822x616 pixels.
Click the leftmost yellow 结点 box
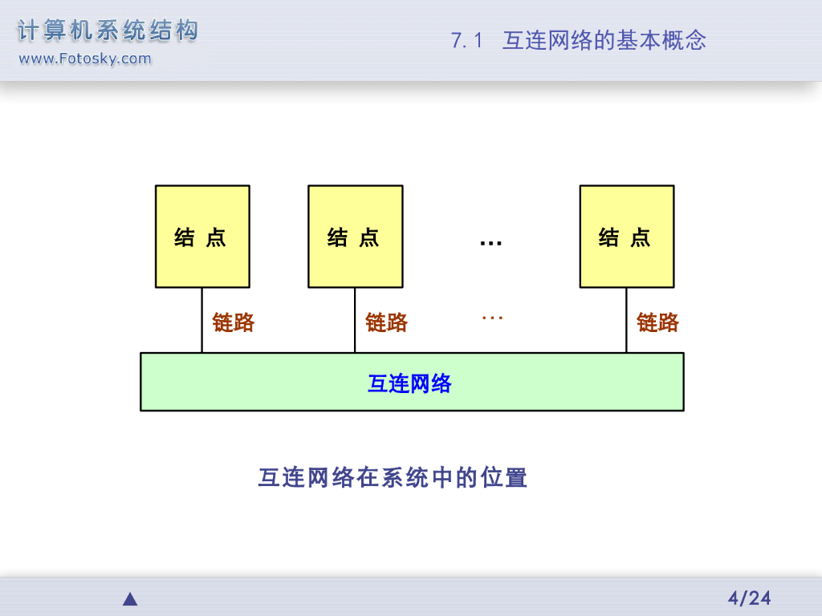(x=202, y=237)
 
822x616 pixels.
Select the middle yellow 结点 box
(x=356, y=237)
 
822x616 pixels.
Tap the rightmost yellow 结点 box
(x=627, y=237)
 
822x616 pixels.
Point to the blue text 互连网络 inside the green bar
(x=409, y=383)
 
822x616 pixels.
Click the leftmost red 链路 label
(x=233, y=322)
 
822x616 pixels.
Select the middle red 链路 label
(x=386, y=322)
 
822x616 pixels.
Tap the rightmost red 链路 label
(x=657, y=322)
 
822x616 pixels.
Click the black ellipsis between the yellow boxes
(x=490, y=241)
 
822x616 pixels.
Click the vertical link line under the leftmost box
(x=201, y=320)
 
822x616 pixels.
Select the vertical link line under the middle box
(x=355, y=320)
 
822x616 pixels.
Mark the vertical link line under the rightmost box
(x=626, y=320)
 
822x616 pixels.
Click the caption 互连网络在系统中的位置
(x=393, y=478)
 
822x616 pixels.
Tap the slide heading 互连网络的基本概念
(x=604, y=41)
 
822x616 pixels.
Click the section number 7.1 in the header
(x=466, y=41)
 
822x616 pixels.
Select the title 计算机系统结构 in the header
(x=108, y=31)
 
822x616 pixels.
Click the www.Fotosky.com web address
(x=84, y=59)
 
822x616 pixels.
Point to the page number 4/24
(x=749, y=598)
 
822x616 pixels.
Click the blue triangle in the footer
(x=130, y=599)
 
